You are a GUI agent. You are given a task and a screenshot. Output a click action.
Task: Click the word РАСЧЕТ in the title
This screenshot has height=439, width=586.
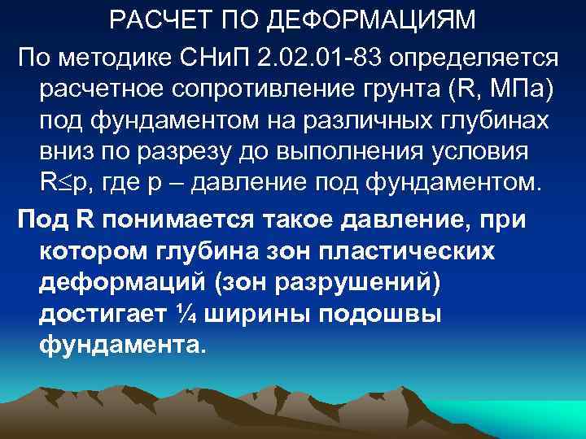pos(151,19)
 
